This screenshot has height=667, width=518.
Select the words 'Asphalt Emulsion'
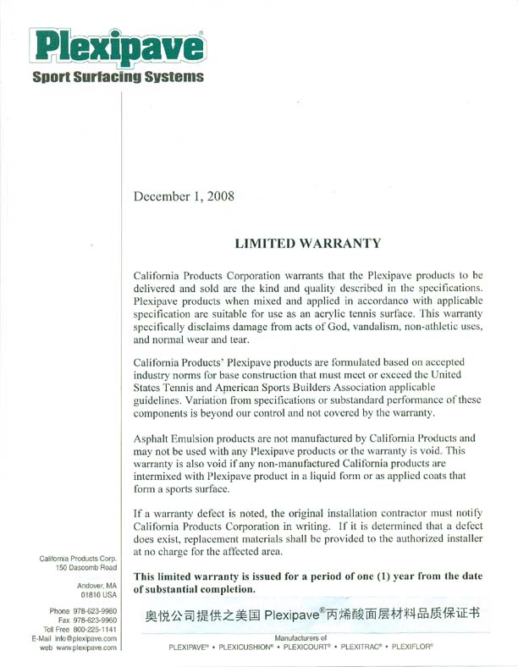tap(182, 438)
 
